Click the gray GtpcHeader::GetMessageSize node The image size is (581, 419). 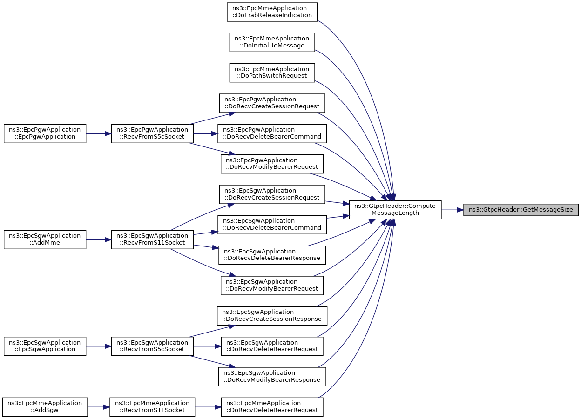point(520,210)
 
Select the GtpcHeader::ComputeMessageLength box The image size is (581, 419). point(395,210)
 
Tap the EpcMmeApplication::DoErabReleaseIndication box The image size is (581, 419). point(272,12)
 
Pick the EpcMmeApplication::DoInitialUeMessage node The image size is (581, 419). point(272,42)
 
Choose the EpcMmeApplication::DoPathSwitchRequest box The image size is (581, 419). point(272,73)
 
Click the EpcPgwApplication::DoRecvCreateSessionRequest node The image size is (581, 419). point(272,103)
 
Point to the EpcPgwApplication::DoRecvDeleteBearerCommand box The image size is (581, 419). point(272,133)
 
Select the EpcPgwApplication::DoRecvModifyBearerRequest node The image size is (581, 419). point(272,164)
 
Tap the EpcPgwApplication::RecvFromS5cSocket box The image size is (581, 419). point(152,133)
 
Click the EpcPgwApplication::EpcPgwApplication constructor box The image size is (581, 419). point(45,133)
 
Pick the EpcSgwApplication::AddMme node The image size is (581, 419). point(45,239)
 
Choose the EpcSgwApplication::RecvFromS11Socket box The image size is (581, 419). point(152,239)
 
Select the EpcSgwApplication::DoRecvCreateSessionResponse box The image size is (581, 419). point(272,316)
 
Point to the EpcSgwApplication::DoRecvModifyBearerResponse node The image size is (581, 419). point(272,377)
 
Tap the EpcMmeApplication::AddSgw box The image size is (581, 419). point(45,407)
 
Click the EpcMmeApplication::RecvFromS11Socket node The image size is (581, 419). point(152,407)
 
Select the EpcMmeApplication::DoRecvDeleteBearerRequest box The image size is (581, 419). point(272,407)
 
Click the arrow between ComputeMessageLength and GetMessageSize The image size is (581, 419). point(452,210)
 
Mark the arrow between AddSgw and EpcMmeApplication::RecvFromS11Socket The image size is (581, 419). point(98,407)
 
